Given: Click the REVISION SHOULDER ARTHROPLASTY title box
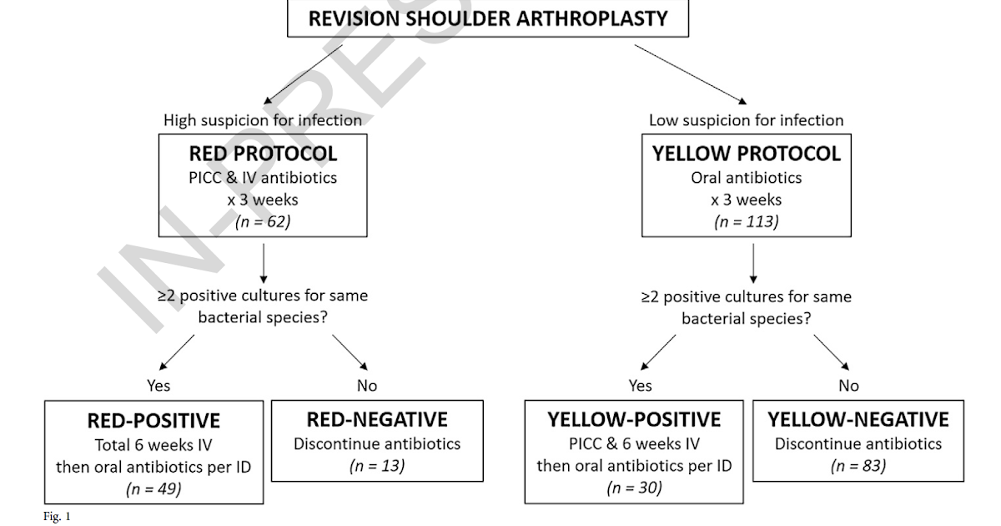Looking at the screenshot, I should (x=488, y=18).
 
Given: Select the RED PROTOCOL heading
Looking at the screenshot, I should (x=263, y=154).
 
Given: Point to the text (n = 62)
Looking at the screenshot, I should (x=263, y=223).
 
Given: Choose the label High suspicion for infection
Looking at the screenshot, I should (x=263, y=120).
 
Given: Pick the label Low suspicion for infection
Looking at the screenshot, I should (x=746, y=120).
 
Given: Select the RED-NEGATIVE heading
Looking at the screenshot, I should (x=377, y=419).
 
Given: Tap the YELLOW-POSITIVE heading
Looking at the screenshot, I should (x=634, y=419).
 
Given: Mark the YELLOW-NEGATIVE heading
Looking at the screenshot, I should (x=858, y=419).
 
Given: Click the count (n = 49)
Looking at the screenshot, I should (x=153, y=489).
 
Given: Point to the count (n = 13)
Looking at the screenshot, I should (x=377, y=466).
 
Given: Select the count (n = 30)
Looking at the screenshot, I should (x=634, y=488).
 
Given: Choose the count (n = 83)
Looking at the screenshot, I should (x=858, y=466).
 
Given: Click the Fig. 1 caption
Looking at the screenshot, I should (x=57, y=517).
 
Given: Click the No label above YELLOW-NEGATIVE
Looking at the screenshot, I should (x=848, y=386).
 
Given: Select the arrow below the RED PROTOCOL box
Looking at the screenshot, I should (x=263, y=262).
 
